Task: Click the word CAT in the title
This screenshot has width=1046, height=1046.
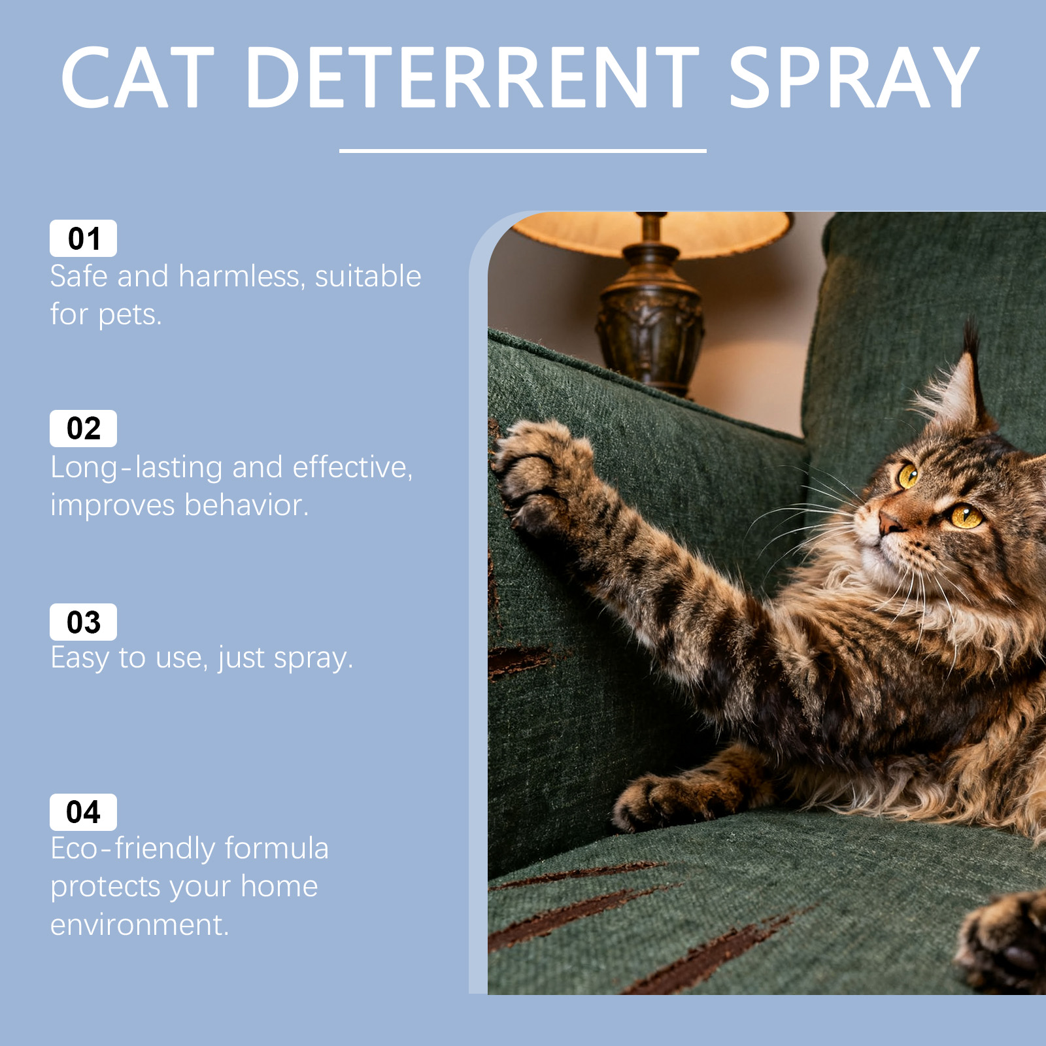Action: click(138, 77)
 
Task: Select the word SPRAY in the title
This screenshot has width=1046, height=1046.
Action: click(854, 77)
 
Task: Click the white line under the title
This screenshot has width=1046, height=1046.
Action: click(523, 151)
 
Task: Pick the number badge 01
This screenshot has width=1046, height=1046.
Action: click(83, 239)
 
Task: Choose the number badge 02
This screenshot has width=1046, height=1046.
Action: click(83, 429)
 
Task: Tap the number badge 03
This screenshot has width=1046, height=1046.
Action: click(83, 622)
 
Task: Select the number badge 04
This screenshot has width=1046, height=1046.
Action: click(83, 812)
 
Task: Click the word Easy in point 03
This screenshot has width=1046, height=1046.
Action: click(80, 658)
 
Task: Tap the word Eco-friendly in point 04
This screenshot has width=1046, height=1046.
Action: click(133, 849)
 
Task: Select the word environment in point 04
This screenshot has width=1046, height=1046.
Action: click(140, 925)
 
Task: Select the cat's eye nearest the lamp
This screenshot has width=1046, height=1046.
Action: click(908, 475)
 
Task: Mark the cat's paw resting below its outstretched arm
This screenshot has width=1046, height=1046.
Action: click(660, 801)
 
